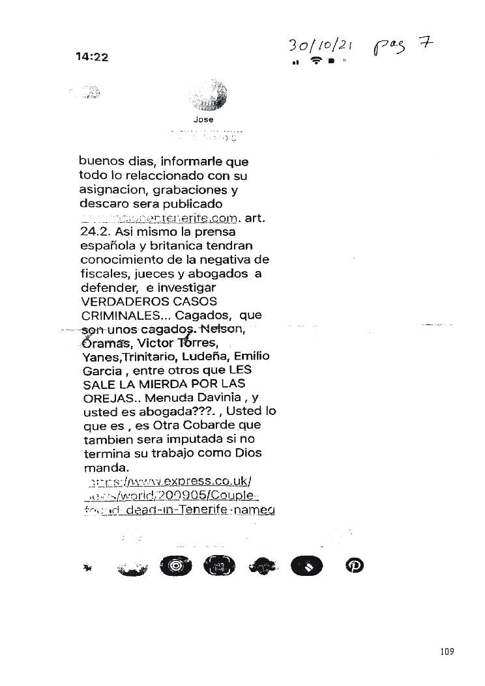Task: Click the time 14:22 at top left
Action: pos(92,57)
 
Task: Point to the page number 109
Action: pos(447,651)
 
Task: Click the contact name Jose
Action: pos(203,120)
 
